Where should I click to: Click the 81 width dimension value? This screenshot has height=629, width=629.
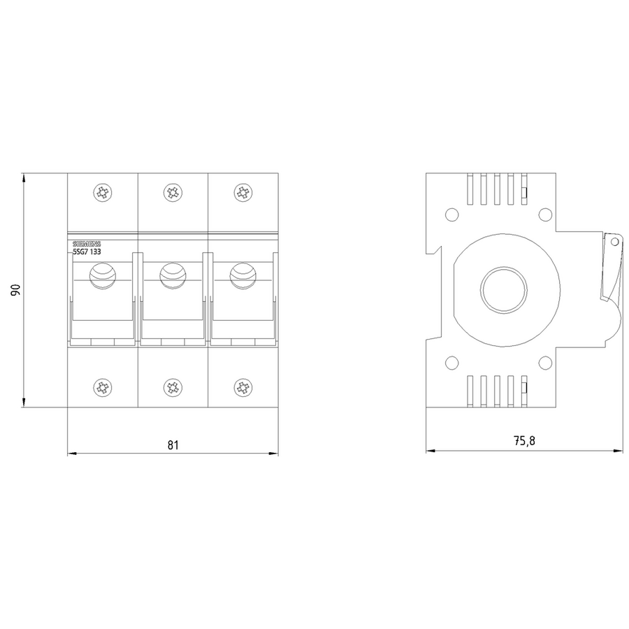[x=173, y=445]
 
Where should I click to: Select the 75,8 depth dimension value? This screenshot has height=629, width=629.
[x=524, y=441]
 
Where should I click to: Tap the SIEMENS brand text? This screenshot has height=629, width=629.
[x=87, y=244]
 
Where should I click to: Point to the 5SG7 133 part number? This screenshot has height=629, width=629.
[x=87, y=252]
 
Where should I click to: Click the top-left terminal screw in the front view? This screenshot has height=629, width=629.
[x=103, y=193]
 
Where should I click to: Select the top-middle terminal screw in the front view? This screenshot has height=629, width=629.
[x=173, y=193]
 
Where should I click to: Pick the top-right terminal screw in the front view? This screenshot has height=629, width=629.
[x=243, y=193]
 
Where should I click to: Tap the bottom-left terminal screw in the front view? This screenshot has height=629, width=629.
[x=103, y=387]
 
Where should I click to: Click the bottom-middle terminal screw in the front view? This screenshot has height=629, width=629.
[x=173, y=387]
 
